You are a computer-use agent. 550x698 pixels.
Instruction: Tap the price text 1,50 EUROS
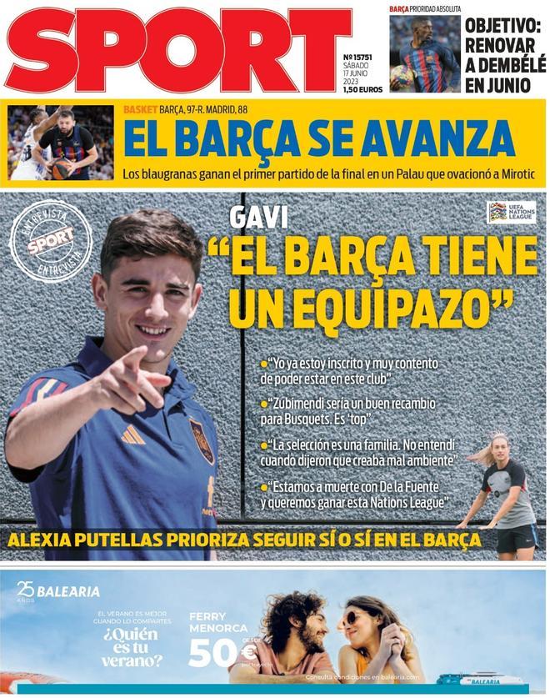point(362,89)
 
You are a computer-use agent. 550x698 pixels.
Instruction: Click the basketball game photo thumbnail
point(61,143)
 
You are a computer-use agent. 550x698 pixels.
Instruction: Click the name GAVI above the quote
point(258,218)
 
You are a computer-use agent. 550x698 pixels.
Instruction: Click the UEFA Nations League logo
point(511,213)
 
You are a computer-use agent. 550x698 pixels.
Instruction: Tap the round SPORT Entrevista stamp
point(51,241)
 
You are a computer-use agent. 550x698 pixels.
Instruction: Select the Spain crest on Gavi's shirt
point(201,439)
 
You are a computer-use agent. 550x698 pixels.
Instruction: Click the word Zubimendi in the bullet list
point(304,404)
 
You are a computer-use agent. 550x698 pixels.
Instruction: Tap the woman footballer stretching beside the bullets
point(503,492)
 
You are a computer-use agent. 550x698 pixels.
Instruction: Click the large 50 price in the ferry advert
point(213,653)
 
